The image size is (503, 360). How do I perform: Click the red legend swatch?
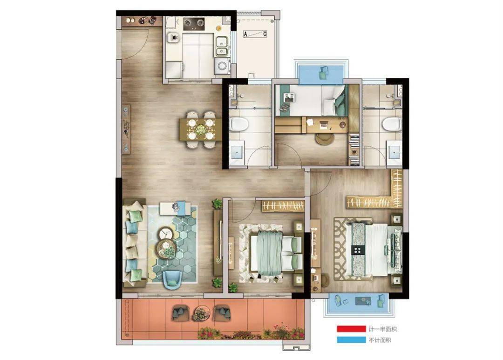point(351,329)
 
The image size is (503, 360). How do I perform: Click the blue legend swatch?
point(351,340)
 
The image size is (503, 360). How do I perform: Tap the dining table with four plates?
point(200,129)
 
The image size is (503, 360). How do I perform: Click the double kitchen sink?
point(222,46)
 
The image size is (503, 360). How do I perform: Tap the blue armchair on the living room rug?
point(172,279)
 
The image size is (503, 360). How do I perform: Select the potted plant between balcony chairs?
point(201,313)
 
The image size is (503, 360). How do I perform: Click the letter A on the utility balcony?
point(245,34)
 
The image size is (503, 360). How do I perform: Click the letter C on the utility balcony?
point(265,34)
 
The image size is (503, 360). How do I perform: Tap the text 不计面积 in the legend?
point(380,340)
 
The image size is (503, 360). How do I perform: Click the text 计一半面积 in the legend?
point(382,329)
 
